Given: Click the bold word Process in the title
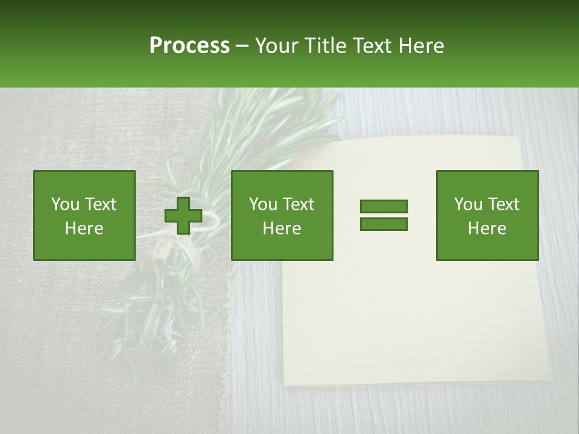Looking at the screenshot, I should tap(189, 46).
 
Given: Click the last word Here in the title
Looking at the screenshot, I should tap(422, 46).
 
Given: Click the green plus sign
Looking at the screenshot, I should tap(183, 216).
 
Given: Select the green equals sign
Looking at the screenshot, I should tap(384, 215).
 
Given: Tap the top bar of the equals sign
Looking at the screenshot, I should tap(384, 207).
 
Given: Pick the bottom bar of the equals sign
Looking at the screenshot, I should tap(384, 224).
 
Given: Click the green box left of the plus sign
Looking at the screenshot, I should tap(84, 215).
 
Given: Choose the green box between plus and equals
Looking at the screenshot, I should tap(282, 215).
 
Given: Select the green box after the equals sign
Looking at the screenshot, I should tap(487, 215).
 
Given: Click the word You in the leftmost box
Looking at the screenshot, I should tap(65, 204).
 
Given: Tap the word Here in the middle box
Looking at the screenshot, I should tap(282, 228).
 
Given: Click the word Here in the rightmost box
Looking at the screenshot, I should tap(487, 228).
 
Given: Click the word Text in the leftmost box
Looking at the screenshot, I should tap(100, 204).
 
